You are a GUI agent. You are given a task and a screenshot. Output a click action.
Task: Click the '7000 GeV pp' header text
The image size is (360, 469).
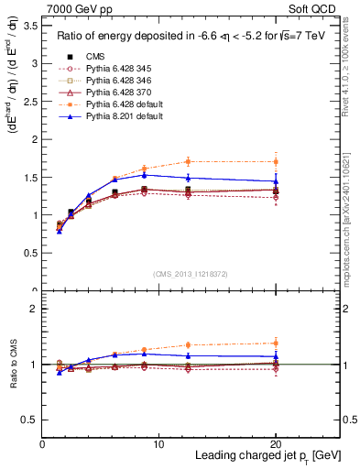tap(74, 9)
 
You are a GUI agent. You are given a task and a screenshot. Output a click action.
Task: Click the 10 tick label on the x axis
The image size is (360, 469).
tap(158, 443)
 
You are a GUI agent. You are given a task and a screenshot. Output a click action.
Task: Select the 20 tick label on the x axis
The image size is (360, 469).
tap(275, 443)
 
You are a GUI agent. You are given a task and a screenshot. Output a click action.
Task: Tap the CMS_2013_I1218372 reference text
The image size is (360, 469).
tap(191, 273)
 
